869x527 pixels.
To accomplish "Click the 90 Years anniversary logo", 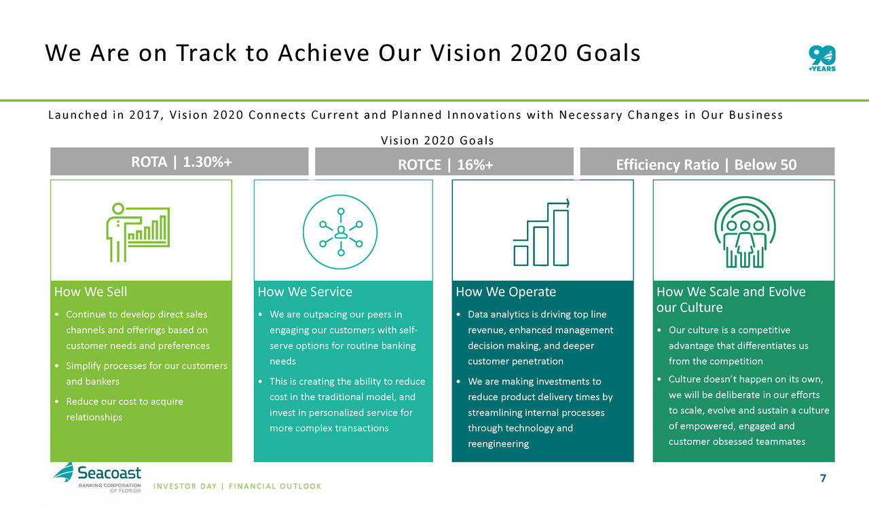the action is [x=822, y=58].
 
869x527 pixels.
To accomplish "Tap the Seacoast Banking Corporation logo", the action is [x=97, y=477].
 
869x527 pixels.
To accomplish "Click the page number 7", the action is [x=823, y=478].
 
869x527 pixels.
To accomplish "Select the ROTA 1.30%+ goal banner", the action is [x=179, y=161].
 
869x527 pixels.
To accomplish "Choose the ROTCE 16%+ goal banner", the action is [x=444, y=161].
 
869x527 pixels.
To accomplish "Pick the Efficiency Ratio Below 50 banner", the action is [x=707, y=161].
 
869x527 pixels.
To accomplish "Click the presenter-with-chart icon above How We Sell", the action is [x=138, y=232].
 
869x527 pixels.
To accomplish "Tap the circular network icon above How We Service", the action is [x=340, y=232].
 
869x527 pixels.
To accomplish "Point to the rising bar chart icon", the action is [x=542, y=233].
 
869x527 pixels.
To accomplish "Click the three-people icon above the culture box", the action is [x=745, y=232].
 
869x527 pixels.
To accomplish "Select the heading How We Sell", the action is [x=90, y=292].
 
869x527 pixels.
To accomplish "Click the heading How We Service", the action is [x=305, y=292].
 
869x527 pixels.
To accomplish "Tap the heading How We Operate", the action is [x=506, y=292].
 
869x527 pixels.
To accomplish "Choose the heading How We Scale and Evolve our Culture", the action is [x=731, y=299].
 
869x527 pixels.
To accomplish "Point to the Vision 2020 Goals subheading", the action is [x=437, y=140].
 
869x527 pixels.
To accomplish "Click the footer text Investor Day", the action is [x=185, y=486].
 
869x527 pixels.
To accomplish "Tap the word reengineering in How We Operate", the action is [x=498, y=444].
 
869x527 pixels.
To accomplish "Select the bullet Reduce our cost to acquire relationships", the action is [x=124, y=409].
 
